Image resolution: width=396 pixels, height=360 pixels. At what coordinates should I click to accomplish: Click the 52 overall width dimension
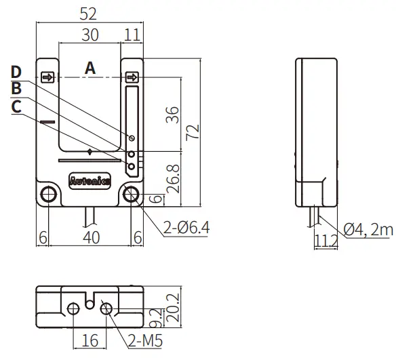[x=89, y=13]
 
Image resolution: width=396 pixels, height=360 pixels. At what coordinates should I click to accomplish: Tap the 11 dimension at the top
[x=133, y=34]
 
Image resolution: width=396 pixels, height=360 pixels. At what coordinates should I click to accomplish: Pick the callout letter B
[x=16, y=89]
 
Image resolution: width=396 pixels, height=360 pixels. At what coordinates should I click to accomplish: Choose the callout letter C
[x=16, y=106]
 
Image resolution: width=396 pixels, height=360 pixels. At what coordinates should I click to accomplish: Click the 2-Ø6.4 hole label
[x=187, y=228]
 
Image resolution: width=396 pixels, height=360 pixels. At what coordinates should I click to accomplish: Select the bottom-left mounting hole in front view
[x=49, y=195]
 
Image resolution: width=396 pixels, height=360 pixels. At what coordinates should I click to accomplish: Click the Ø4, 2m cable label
[x=368, y=231]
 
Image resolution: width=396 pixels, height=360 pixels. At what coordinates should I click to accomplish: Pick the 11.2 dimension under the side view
[x=325, y=239]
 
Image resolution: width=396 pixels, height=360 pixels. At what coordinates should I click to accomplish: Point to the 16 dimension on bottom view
[x=90, y=341]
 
